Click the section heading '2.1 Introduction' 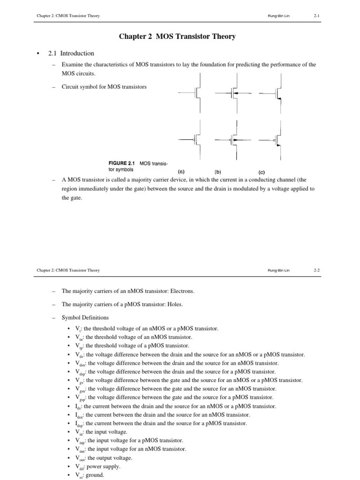(x=71, y=53)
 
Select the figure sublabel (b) (x=218, y=172)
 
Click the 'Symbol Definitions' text (x=85, y=318)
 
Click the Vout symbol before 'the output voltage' (x=80, y=458)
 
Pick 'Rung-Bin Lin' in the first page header (x=278, y=16)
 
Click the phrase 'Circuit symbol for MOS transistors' (x=104, y=87)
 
